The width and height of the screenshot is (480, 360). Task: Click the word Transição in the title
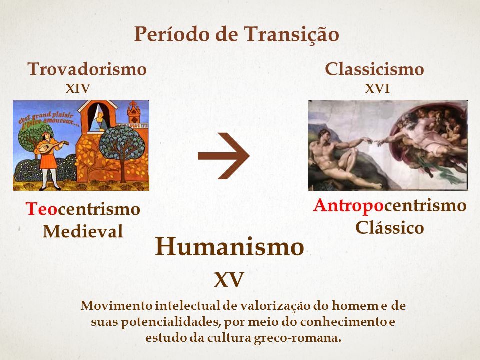[291, 34]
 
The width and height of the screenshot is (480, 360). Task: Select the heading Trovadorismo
[87, 69]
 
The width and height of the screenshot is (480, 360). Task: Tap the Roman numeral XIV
[78, 89]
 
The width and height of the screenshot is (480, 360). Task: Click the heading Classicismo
[374, 69]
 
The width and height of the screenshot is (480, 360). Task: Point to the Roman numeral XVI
[377, 89]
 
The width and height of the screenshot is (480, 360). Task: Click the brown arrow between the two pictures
[224, 156]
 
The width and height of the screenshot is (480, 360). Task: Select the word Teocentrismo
[83, 209]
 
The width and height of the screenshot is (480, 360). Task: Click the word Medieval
[83, 231]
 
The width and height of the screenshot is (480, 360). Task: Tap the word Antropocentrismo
[390, 205]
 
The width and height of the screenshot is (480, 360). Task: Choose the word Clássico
[389, 228]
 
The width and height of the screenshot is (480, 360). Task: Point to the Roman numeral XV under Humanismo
[229, 279]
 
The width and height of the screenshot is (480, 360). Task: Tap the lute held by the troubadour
[52, 146]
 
